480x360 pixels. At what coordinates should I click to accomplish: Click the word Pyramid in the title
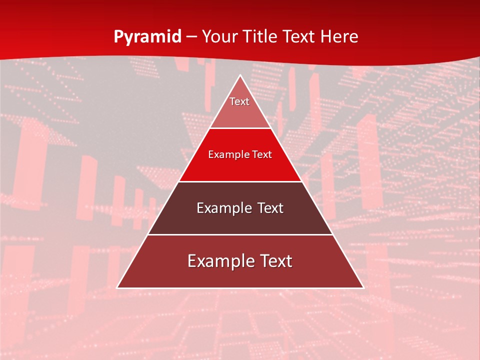click(147, 37)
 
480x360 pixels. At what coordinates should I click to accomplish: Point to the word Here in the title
click(340, 37)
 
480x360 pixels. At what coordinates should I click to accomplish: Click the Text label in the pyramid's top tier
click(239, 101)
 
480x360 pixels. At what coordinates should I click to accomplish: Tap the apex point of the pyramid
click(240, 75)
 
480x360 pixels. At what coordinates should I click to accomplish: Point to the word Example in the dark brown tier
click(219, 208)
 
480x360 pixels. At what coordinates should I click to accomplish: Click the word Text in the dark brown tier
click(269, 208)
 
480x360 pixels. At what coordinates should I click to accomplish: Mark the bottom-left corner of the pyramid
click(117, 288)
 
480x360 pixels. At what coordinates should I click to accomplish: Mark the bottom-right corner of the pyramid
click(363, 288)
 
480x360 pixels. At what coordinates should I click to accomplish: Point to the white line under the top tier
click(240, 128)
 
